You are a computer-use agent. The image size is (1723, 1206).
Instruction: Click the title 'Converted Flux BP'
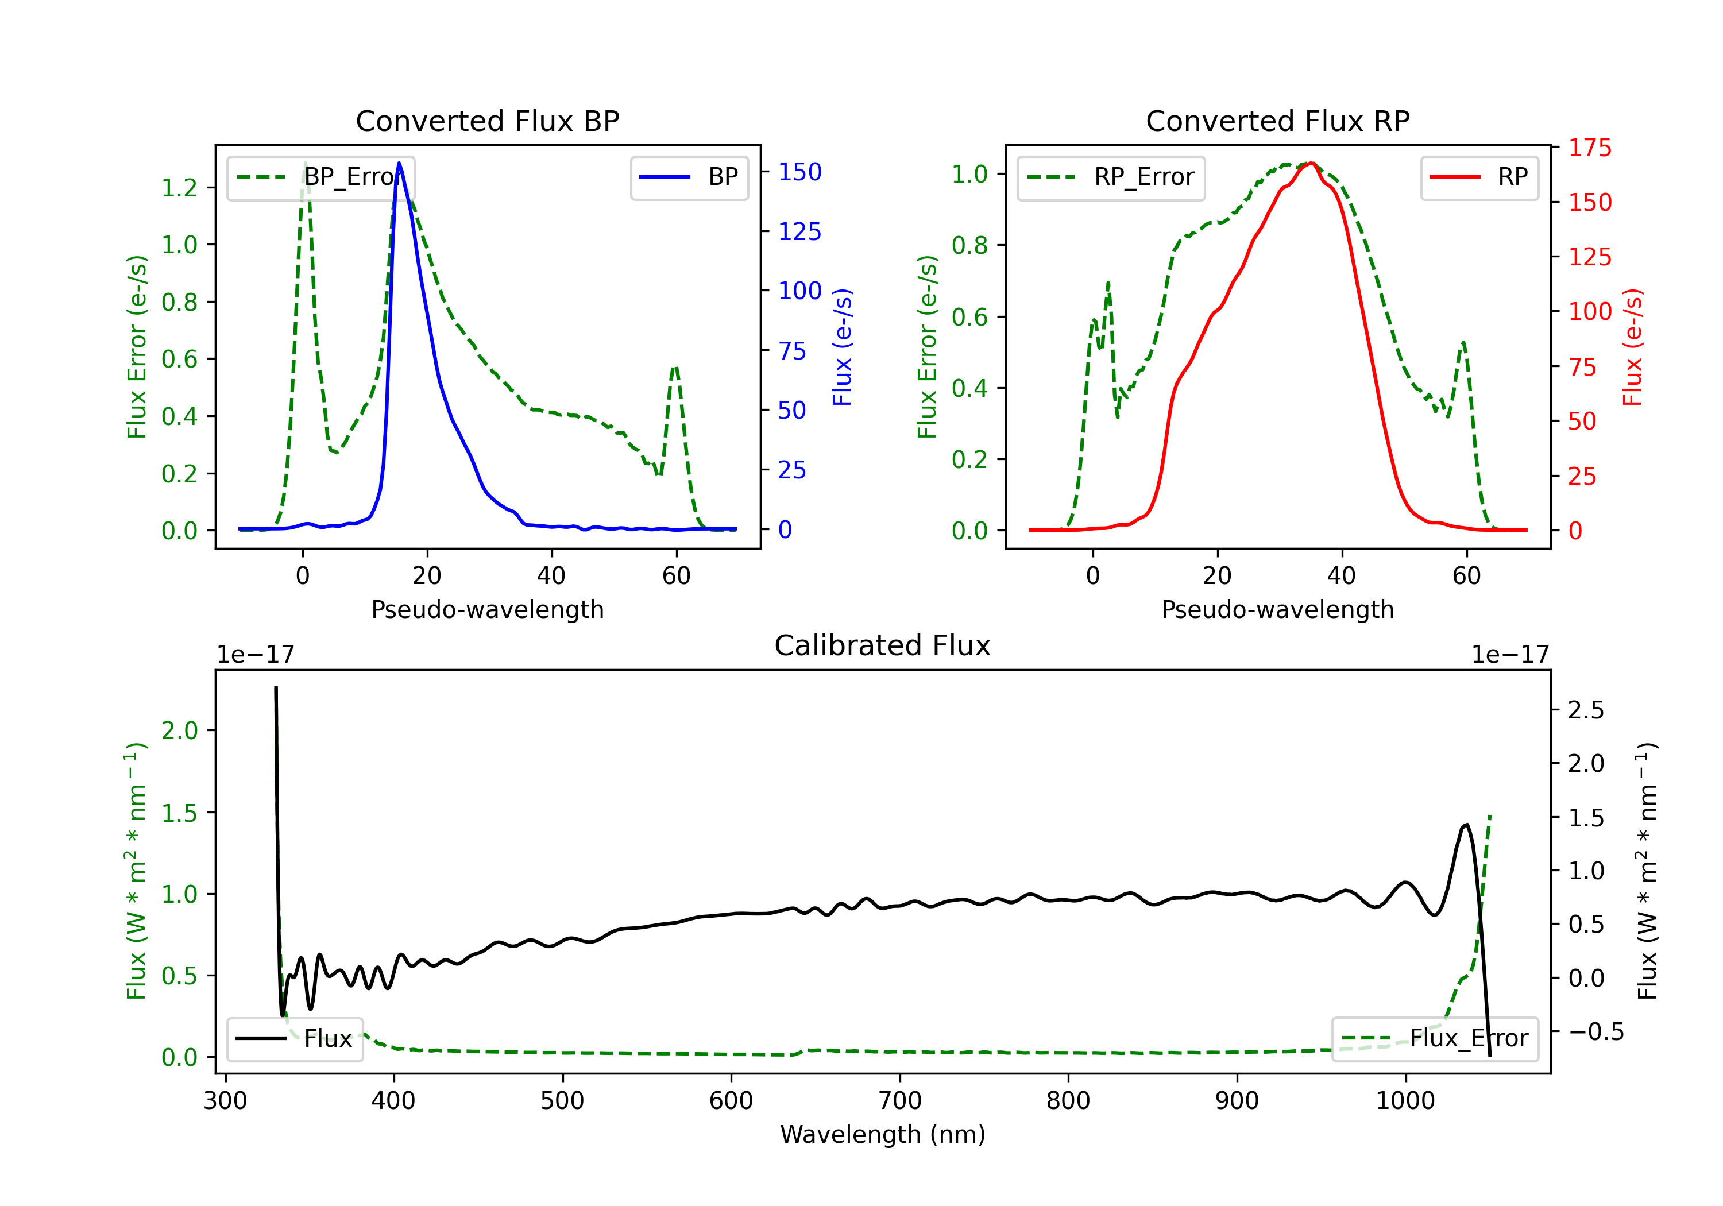click(x=487, y=121)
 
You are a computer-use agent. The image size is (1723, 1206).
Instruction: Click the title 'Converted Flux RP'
click(x=1277, y=121)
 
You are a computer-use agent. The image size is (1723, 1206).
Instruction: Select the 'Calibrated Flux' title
click(x=883, y=645)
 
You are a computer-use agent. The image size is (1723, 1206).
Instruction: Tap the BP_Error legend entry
click(x=321, y=177)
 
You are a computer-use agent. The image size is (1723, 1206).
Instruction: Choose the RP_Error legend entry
click(x=1111, y=177)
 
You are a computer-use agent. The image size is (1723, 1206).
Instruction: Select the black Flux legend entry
click(x=295, y=1039)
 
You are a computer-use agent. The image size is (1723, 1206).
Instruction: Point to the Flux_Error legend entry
click(x=1435, y=1039)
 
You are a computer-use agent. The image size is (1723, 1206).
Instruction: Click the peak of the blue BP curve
click(x=399, y=163)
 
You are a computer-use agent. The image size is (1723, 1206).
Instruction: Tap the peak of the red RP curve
click(x=1310, y=163)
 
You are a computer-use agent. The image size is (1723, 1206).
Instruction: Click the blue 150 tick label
click(x=799, y=172)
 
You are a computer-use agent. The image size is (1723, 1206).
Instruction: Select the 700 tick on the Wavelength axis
click(x=900, y=1100)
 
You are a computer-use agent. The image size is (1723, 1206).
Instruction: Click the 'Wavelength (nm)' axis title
click(x=883, y=1134)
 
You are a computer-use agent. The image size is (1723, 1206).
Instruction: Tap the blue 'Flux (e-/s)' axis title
click(x=843, y=347)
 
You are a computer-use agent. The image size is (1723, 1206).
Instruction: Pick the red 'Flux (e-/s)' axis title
click(x=1633, y=347)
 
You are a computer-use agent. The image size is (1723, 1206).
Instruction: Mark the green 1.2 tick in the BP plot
click(x=179, y=188)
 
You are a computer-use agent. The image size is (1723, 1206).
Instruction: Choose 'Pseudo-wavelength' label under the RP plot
click(x=1277, y=609)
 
